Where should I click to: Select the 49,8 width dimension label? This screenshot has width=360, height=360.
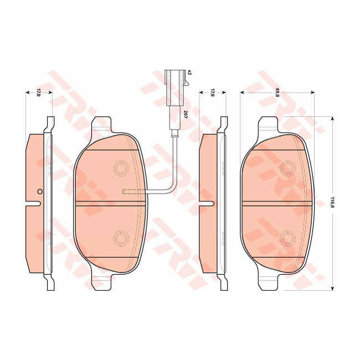click(276, 94)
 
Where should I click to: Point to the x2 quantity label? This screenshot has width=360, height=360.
click(189, 72)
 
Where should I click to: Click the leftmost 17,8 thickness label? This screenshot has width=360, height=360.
click(38, 92)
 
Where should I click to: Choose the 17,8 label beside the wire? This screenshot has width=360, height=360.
click(213, 92)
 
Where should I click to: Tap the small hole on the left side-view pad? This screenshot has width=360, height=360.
click(39, 192)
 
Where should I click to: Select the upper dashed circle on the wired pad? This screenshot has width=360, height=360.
click(120, 167)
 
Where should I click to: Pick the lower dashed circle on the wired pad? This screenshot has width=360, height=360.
click(120, 238)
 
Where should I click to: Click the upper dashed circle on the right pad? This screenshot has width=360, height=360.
click(287, 167)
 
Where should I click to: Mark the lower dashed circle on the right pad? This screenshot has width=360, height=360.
click(287, 238)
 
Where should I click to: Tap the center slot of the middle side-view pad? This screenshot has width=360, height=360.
click(208, 203)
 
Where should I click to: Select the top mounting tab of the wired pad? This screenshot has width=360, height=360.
click(102, 125)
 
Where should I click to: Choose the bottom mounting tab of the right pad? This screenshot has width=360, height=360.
click(269, 281)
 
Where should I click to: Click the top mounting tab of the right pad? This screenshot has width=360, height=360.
click(269, 125)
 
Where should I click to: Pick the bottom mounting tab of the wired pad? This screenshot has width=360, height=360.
click(102, 281)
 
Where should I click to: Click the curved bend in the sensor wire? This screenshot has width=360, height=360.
click(172, 188)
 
